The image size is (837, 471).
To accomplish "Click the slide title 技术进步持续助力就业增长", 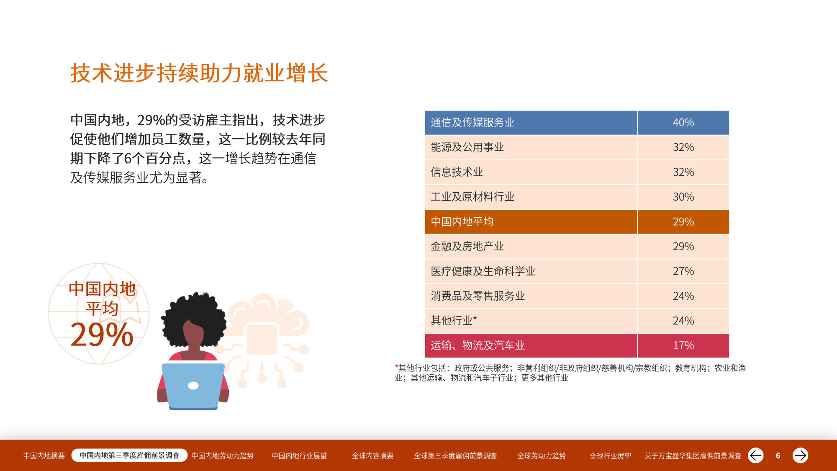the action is pyautogui.click(x=199, y=73).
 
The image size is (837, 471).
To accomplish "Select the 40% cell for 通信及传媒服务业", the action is pyautogui.click(x=683, y=123).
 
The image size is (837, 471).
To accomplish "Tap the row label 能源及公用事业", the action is pyautogui.click(x=467, y=147).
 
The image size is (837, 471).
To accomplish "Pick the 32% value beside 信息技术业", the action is pyautogui.click(x=683, y=172).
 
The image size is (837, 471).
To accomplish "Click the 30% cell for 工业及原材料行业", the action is pyautogui.click(x=683, y=197).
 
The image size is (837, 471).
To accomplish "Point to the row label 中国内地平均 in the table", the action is pyautogui.click(x=462, y=221).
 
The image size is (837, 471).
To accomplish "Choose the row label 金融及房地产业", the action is pyautogui.click(x=467, y=246).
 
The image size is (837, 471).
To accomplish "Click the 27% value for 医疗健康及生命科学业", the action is pyautogui.click(x=683, y=271).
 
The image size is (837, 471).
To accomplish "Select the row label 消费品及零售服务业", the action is pyautogui.click(x=478, y=296).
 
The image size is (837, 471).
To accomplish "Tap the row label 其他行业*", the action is pyautogui.click(x=454, y=321).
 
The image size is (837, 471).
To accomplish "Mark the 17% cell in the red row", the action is pyautogui.click(x=683, y=345).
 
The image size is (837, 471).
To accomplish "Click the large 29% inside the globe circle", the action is pyautogui.click(x=102, y=335).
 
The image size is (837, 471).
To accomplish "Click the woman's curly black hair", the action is pyautogui.click(x=194, y=318).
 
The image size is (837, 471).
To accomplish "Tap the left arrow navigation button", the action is pyautogui.click(x=756, y=455).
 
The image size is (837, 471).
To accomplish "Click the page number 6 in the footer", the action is pyautogui.click(x=778, y=456).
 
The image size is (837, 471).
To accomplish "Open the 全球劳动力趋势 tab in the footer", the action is pyautogui.click(x=541, y=456).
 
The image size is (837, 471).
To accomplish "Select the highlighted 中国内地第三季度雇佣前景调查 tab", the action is pyautogui.click(x=129, y=455).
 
